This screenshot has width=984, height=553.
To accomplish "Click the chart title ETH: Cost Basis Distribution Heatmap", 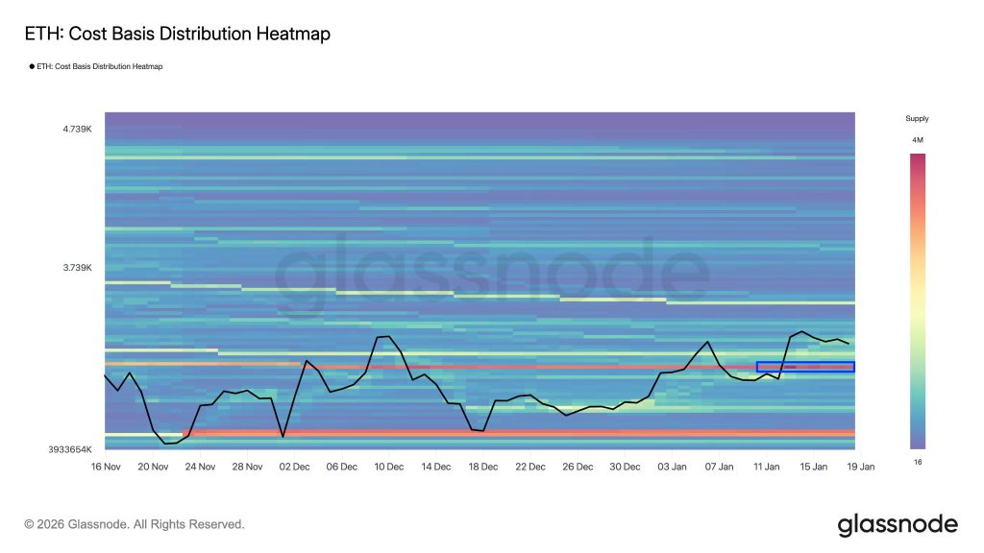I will (177, 35).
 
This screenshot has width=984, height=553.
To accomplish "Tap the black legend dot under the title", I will (32, 66).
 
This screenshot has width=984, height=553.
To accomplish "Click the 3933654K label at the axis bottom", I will (69, 449).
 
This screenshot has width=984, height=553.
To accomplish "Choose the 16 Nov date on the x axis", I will (106, 467).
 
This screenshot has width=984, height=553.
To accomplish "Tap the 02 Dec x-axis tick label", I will (294, 467).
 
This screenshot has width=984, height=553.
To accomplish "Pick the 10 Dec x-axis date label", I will (388, 467).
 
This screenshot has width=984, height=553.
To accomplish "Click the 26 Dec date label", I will (578, 467).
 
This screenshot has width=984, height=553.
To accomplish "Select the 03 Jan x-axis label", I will (672, 467).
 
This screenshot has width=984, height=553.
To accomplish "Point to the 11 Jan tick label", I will (766, 467).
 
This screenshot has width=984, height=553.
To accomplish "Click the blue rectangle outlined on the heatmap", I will (805, 367).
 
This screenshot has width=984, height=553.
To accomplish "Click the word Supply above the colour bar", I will (917, 119).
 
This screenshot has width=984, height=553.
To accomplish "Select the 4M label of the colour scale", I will (918, 140).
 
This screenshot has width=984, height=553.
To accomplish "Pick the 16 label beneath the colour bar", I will (917, 462).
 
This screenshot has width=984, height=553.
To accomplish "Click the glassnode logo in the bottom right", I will (898, 525).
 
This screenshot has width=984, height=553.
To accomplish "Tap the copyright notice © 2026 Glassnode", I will (135, 524).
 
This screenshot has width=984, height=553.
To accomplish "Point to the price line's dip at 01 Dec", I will (283, 437).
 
